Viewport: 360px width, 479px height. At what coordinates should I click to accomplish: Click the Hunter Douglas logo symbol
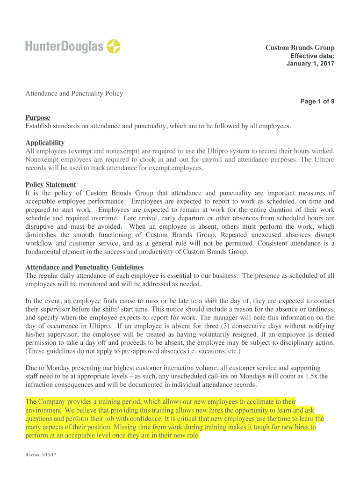[114, 46]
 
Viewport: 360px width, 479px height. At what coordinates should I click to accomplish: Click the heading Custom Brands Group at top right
[300, 48]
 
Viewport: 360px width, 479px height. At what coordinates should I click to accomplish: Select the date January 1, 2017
[310, 64]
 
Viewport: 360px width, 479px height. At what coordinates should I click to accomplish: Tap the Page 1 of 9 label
[317, 102]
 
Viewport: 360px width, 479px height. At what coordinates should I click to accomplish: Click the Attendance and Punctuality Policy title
[74, 94]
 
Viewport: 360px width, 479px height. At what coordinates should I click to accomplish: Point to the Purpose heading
[37, 117]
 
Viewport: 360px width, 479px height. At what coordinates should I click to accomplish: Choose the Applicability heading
[45, 143]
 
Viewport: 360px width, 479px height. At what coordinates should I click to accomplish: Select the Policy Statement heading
[50, 185]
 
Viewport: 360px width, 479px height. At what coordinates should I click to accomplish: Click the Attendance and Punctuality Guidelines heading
[84, 267]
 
